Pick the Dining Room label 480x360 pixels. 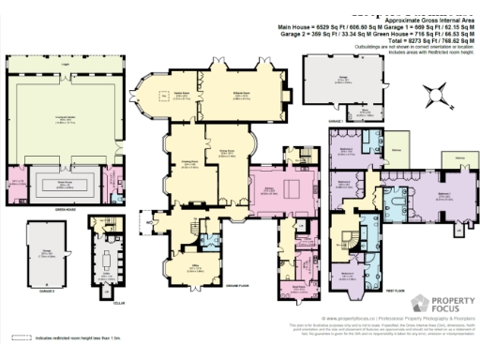pos(226,151)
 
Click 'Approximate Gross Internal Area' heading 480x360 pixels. pos(375,20)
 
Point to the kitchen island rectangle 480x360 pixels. pos(291,189)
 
